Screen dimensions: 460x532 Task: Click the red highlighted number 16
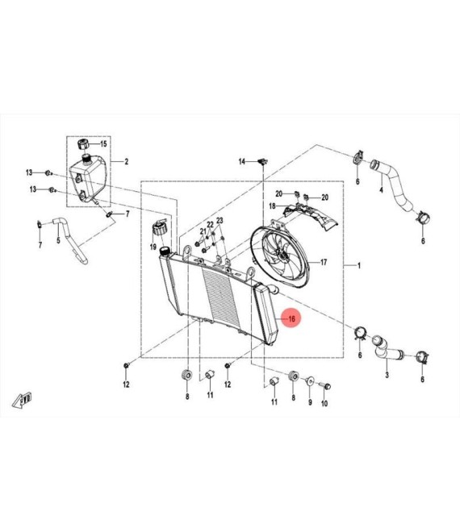point(291,319)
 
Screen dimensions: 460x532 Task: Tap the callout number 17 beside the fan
point(324,262)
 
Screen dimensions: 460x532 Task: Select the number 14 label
point(241,162)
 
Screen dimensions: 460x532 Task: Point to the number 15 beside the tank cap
point(103,143)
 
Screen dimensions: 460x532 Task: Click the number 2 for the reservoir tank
point(127,161)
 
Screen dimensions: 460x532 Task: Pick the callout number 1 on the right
point(359,266)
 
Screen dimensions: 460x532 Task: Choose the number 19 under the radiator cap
point(153,247)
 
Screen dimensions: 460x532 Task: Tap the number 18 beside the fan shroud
point(272,206)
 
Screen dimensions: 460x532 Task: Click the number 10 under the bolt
point(324,403)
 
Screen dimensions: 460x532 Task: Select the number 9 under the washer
point(310,402)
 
